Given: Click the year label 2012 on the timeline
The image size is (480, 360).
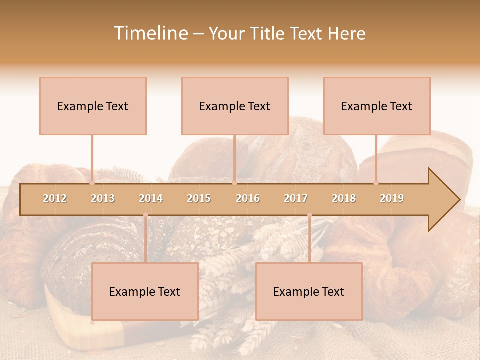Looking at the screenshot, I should coord(55,198).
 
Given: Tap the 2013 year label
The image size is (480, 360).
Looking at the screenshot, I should coord(103,198).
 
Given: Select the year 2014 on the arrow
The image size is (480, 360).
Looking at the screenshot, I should coord(151,198).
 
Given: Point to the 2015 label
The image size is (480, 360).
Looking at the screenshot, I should coord(199,198).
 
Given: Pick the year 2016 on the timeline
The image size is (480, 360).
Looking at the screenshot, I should coord(248,198).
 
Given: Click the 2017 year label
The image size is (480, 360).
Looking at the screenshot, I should coord(296,198).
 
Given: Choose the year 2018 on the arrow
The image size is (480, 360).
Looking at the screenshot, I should coord(344,198).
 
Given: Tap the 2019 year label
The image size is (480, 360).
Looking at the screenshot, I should coord(392,198).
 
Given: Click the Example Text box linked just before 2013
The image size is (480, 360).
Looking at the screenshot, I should coord(93,106).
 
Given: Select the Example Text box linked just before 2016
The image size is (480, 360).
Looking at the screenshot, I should coord(235,106).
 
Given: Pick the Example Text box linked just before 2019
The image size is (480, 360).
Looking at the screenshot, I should coord(377,106).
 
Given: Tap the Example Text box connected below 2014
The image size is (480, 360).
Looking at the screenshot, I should coord(145,291).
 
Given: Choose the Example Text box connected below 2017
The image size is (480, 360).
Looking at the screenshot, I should coord(309,291).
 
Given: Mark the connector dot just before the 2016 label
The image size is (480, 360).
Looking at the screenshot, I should coord(235,183).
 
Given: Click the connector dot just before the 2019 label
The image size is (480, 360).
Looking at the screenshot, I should coord(376,183).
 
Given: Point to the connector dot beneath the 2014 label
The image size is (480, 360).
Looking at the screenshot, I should coord(145,215).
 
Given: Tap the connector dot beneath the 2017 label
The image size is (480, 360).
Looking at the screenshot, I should coord(309,215).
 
